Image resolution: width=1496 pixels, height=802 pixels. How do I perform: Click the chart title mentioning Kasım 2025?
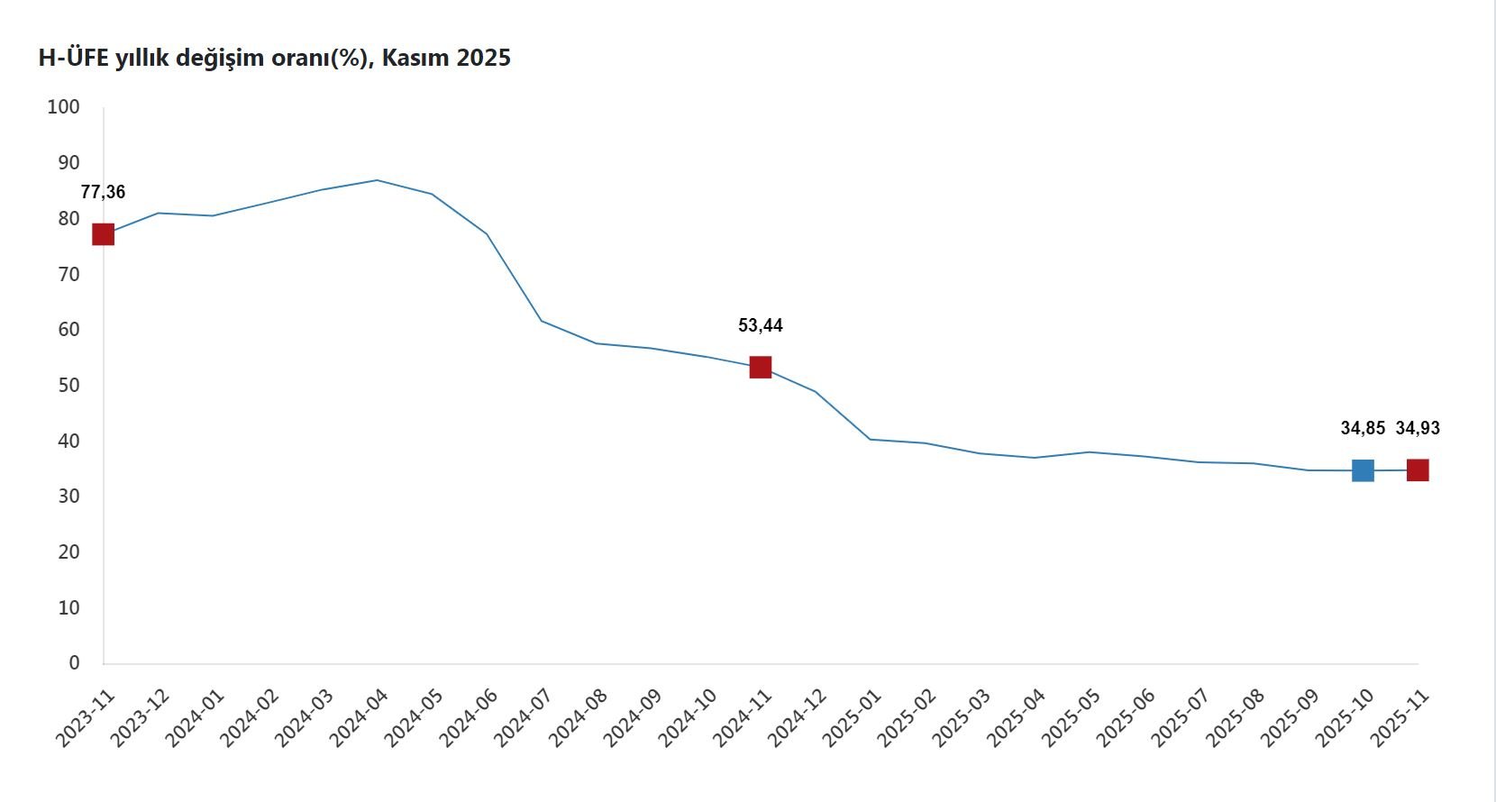tap(274, 58)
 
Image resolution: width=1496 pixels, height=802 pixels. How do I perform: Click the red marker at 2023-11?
tap(104, 234)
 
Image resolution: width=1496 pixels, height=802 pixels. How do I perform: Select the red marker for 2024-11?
tap(761, 367)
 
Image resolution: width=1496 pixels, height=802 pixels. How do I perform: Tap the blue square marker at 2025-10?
tap(1363, 470)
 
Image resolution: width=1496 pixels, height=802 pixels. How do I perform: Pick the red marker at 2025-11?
tap(1418, 469)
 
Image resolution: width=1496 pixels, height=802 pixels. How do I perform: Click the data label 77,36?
tap(103, 192)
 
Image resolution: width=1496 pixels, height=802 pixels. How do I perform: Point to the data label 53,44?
tap(761, 325)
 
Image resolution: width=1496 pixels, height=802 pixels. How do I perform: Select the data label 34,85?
tap(1363, 428)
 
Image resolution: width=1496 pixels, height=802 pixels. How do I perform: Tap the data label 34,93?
tap(1418, 428)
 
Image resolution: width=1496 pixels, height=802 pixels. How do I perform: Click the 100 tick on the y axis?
tap(63, 107)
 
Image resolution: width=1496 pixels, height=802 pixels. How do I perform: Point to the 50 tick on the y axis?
tap(68, 386)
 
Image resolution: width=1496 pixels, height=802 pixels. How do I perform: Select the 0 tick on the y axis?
tap(74, 663)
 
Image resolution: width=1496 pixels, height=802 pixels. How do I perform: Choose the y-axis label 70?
tap(68, 274)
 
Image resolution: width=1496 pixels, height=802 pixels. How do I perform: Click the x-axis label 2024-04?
tap(359, 718)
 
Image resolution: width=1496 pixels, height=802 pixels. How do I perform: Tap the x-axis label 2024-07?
tap(523, 718)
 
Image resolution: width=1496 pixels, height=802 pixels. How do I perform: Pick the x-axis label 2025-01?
tap(852, 718)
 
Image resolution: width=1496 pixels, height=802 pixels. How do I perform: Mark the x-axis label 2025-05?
tap(1071, 718)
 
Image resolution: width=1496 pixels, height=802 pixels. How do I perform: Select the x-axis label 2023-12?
tap(140, 718)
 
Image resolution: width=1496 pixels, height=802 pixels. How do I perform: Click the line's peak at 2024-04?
tap(377, 180)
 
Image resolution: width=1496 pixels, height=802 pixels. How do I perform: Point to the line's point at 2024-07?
tap(542, 321)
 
